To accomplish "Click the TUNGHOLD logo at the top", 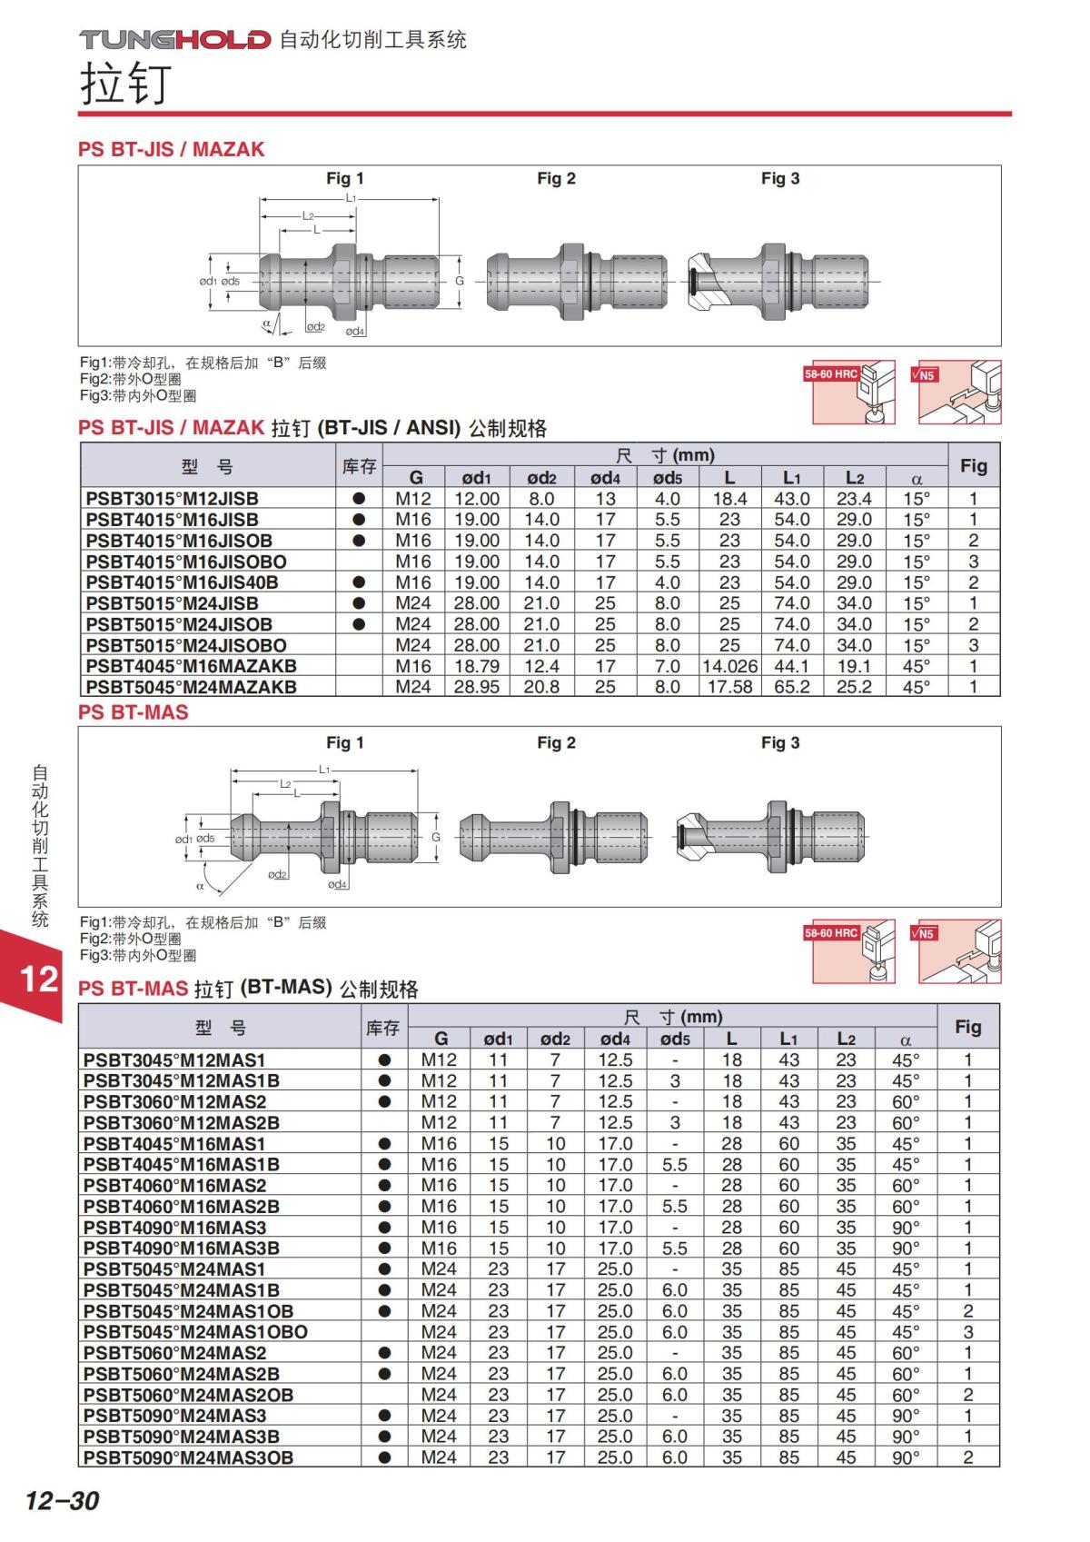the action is pyautogui.click(x=174, y=39).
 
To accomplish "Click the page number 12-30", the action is pyautogui.click(x=62, y=1500).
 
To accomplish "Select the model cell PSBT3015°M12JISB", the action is pyautogui.click(x=172, y=498).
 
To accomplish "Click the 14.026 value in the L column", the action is pyautogui.click(x=729, y=666).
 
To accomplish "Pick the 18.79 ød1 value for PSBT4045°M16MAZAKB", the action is pyautogui.click(x=476, y=666).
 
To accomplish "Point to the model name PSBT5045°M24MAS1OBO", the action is pyautogui.click(x=195, y=1331).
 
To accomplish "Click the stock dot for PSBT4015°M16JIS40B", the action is pyautogui.click(x=359, y=582).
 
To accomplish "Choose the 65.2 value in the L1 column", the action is pyautogui.click(x=791, y=686).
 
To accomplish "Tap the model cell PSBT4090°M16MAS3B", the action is pyautogui.click(x=182, y=1248).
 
